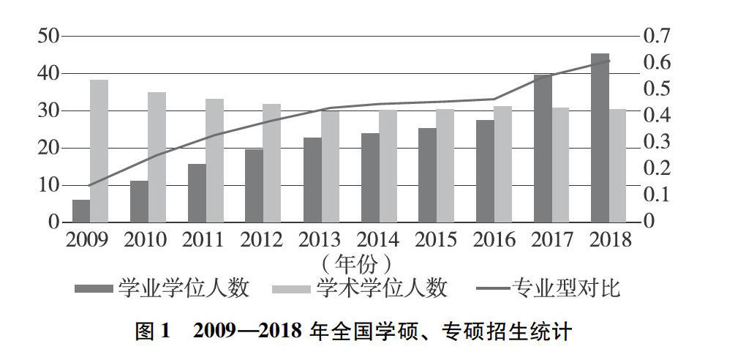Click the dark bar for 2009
coord(81,211)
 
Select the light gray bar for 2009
coord(99,151)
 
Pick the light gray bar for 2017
coord(560,165)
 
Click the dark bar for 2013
coord(312,179)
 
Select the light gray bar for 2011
coord(214,160)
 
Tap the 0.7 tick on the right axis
coord(657,36)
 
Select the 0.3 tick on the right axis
coord(657,141)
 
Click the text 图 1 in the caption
coord(152,331)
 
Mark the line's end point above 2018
coord(609,61)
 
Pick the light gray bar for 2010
coord(157,157)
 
